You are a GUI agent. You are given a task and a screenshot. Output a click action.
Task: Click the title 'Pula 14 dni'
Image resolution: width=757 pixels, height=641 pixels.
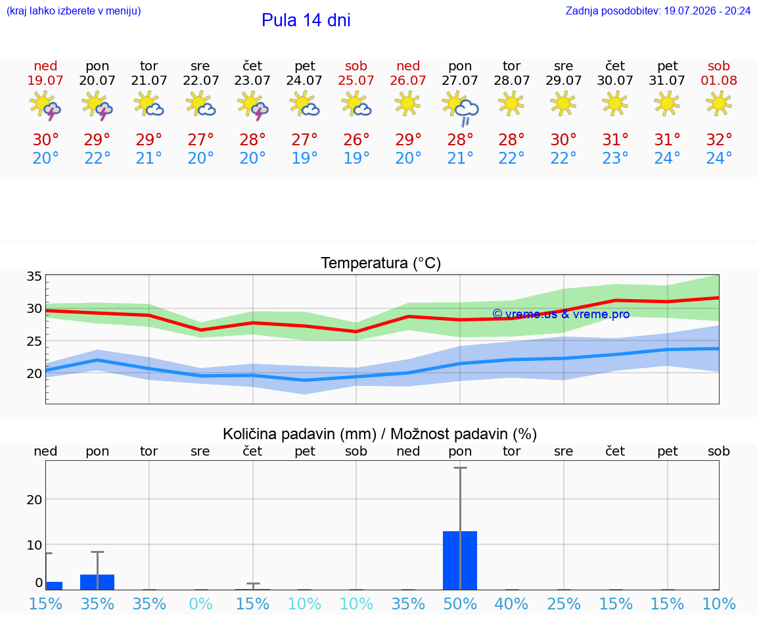pos(306,20)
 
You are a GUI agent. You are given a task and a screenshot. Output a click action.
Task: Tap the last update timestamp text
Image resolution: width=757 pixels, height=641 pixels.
pos(658,11)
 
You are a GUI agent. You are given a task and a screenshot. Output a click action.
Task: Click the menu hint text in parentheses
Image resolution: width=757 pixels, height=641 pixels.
pos(74,11)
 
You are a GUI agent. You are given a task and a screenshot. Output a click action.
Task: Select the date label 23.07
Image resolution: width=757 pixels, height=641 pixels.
pos(252,80)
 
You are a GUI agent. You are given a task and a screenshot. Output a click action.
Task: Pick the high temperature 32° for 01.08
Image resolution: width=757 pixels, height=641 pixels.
pos(719,139)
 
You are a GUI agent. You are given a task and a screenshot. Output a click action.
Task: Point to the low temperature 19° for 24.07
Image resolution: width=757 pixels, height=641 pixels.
pos(305,158)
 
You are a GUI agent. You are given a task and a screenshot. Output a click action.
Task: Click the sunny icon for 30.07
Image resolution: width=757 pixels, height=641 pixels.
pos(615,104)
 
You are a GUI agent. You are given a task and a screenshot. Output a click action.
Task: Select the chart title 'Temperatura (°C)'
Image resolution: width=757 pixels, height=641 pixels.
pos(381,263)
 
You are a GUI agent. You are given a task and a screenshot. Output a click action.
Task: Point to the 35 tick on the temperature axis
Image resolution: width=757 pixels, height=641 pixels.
pos(34,276)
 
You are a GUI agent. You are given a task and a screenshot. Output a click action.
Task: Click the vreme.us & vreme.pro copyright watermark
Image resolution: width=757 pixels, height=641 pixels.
pos(561,314)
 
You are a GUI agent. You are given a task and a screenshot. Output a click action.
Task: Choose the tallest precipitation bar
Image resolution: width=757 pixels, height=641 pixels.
pos(460,560)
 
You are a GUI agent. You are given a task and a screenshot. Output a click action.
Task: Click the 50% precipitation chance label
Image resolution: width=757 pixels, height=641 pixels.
pos(460,604)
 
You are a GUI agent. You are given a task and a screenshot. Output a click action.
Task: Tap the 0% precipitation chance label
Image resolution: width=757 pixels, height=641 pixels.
pos(201,604)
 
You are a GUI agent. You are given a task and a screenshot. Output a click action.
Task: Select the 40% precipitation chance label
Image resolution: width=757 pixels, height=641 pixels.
pos(512,604)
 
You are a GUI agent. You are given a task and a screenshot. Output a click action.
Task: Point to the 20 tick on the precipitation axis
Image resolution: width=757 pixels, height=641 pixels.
pos(34,500)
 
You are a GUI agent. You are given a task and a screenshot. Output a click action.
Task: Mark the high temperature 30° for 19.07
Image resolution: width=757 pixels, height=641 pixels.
pos(45,139)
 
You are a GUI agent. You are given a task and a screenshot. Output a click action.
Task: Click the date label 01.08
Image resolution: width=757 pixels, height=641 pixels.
pos(719,80)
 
